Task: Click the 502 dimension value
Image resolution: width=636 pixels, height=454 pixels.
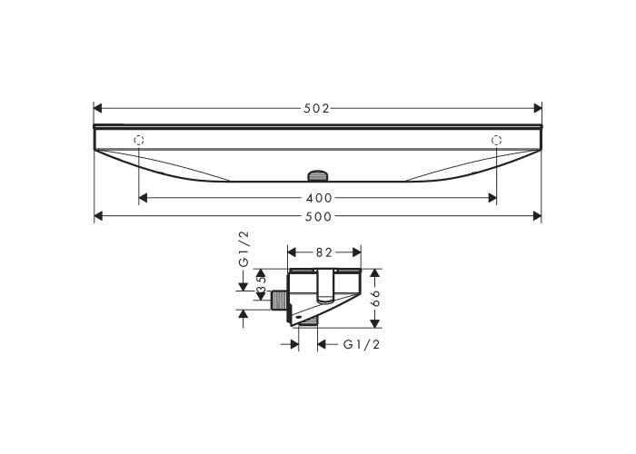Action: pyautogui.click(x=317, y=109)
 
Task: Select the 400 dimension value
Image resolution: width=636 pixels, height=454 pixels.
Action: pyautogui.click(x=319, y=198)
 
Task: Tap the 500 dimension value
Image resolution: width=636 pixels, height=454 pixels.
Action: pyautogui.click(x=318, y=216)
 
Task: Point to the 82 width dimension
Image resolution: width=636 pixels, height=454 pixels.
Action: pyautogui.click(x=323, y=252)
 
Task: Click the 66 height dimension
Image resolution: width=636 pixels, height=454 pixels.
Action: pyautogui.click(x=375, y=298)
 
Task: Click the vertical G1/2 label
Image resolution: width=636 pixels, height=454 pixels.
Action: pyautogui.click(x=243, y=249)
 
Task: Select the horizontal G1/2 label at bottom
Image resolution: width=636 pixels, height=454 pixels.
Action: pyautogui.click(x=362, y=344)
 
